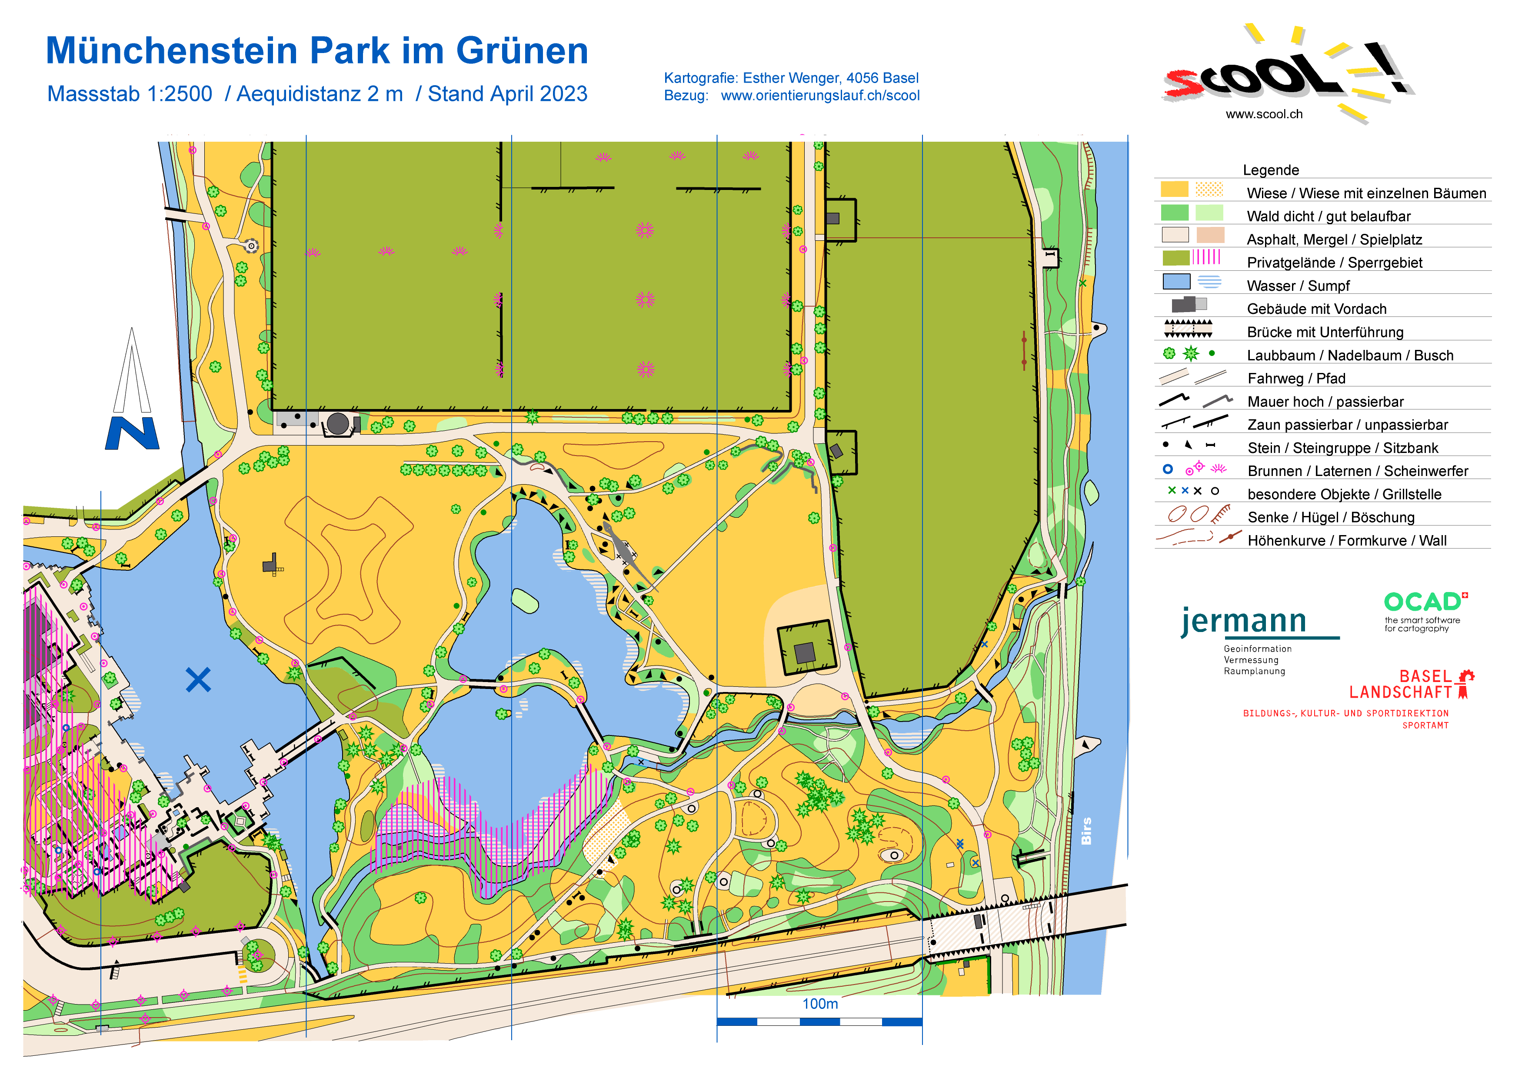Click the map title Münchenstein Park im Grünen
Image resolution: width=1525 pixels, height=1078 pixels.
317,51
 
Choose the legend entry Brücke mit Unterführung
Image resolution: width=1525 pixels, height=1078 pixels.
1325,332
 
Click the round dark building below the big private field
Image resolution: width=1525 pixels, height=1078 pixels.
337,423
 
